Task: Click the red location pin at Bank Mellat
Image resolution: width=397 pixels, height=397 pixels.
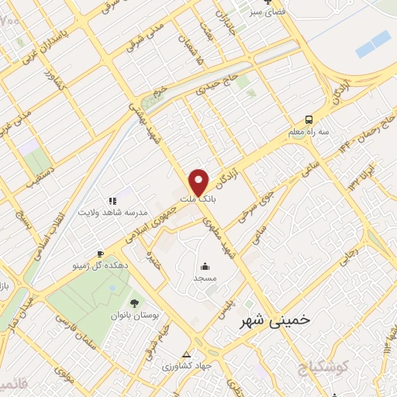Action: click(x=199, y=181)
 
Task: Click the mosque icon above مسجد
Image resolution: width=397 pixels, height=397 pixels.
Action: click(x=205, y=264)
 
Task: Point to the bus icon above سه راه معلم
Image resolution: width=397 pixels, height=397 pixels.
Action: click(x=309, y=119)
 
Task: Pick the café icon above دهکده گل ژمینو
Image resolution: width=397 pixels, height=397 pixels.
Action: click(x=100, y=254)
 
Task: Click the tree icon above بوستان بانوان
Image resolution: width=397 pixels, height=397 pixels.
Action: click(x=134, y=303)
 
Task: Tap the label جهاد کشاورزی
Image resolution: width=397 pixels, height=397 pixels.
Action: click(x=187, y=365)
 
